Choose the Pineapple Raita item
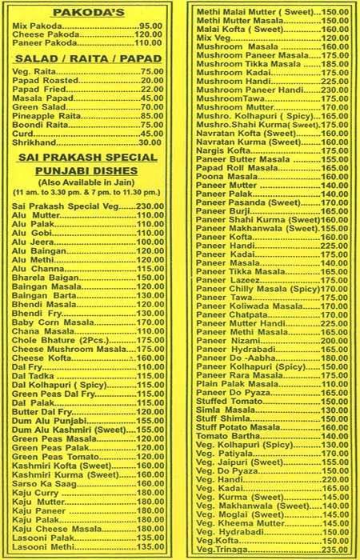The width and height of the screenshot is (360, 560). point(50,116)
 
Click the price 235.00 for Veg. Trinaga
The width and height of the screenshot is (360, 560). point(335,551)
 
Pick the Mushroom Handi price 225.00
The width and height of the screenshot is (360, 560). point(335,81)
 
